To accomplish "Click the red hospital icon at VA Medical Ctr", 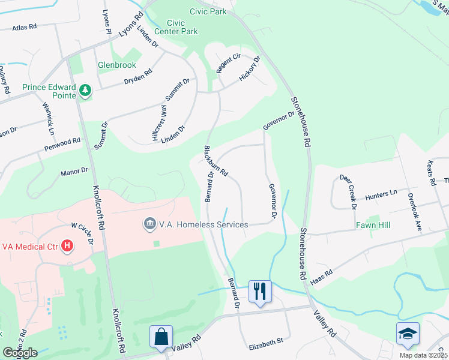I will [x=68, y=246].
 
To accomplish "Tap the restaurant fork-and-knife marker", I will [x=260, y=292].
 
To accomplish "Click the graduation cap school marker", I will [x=408, y=334].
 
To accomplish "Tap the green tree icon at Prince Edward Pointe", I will [x=85, y=91].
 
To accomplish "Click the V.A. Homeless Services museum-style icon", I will [x=148, y=224].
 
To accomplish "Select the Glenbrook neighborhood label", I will [x=117, y=65].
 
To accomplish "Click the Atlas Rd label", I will [x=25, y=26].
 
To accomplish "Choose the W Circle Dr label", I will [x=83, y=234].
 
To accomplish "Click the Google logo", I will [x=20, y=352].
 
